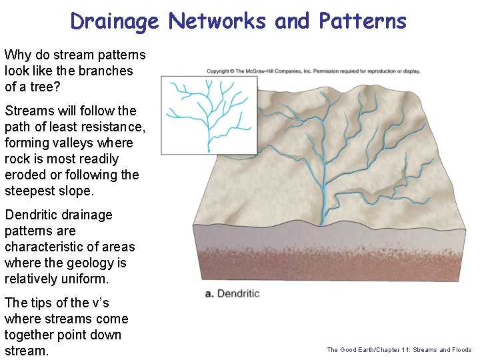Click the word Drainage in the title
(115, 21)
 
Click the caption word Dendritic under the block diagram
(239, 293)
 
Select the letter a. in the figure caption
(210, 293)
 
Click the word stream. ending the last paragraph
(27, 351)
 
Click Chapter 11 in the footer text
(391, 350)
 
